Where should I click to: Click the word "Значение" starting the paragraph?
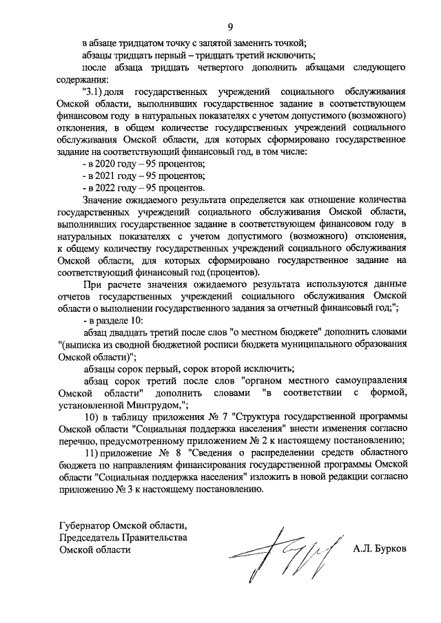[105, 200]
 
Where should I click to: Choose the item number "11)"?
[92, 458]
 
